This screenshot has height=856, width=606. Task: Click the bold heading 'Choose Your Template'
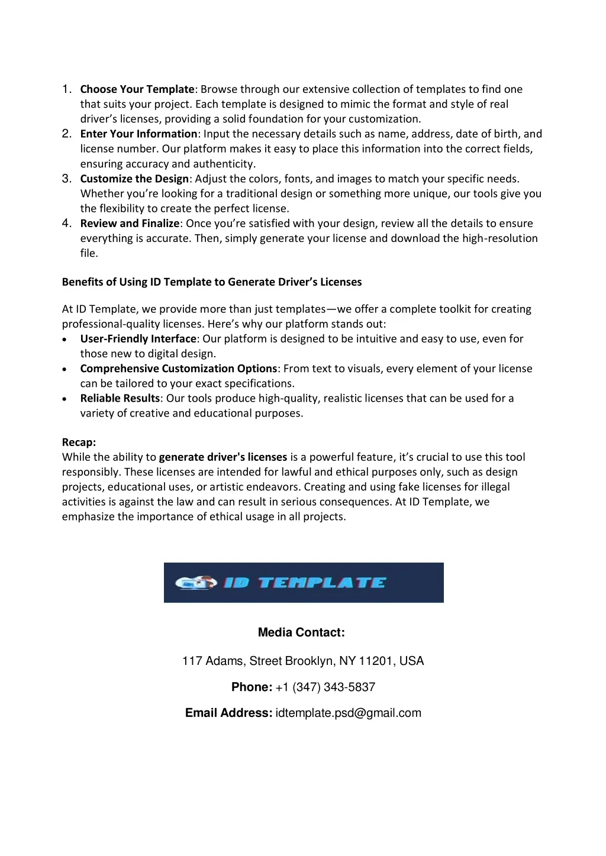(137, 89)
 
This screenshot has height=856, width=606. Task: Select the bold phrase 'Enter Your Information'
(138, 134)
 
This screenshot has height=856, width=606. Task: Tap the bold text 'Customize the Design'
(134, 179)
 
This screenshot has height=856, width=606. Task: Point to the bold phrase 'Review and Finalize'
(130, 224)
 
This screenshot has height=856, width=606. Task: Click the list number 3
(66, 179)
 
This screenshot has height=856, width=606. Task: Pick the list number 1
(66, 89)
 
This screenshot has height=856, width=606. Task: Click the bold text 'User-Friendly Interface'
(138, 339)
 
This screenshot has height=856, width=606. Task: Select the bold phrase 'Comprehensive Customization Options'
(178, 369)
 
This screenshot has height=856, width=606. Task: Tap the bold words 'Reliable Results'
(120, 399)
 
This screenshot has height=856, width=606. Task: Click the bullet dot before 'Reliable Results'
(65, 399)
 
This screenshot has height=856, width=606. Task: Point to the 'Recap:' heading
(79, 442)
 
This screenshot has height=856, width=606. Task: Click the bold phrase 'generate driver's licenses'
(223, 457)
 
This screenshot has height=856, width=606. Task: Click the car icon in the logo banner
(196, 583)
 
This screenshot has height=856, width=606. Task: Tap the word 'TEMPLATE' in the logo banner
(323, 583)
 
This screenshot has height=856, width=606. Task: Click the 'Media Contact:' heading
(301, 632)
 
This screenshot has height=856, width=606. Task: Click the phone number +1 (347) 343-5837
(325, 687)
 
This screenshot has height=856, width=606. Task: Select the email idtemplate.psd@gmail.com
(349, 713)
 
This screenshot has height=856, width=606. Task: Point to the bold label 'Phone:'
(252, 687)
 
